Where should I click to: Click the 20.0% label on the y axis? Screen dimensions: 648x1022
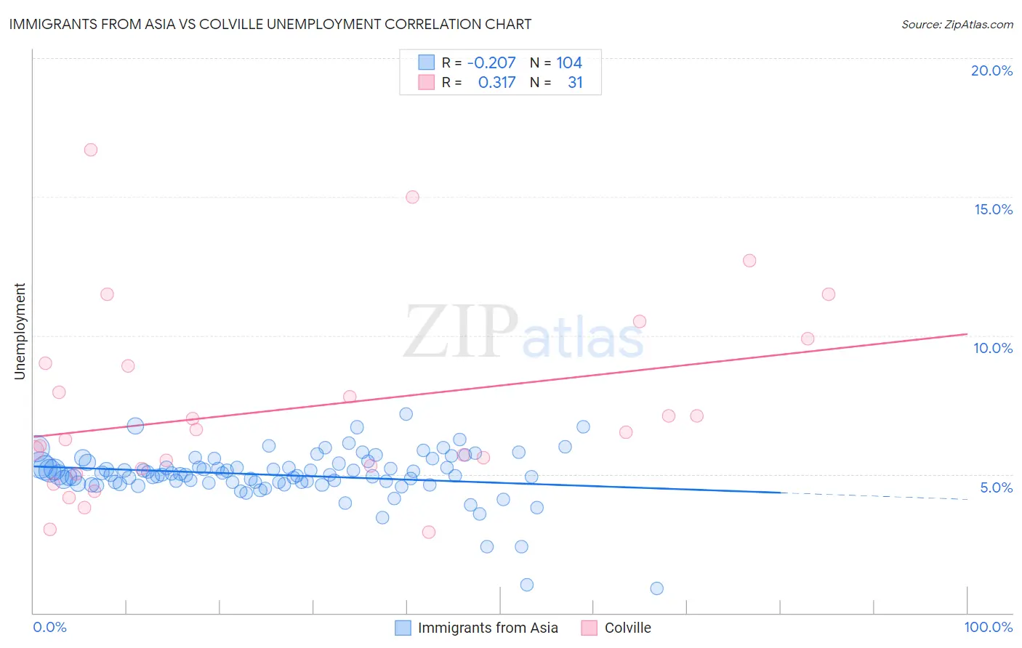[991, 70]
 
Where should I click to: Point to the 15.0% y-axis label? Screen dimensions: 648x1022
[993, 209]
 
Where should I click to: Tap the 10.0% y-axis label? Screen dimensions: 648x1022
[993, 348]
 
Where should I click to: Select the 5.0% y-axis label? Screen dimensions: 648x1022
[996, 487]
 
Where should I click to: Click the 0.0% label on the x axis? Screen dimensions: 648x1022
[49, 627]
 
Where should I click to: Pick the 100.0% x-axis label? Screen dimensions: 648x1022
[988, 627]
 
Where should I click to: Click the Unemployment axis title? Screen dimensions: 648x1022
[20, 331]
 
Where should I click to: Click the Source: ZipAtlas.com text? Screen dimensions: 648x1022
[957, 24]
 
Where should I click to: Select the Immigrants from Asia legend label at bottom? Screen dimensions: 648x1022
[488, 628]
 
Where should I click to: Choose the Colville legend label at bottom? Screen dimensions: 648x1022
[627, 628]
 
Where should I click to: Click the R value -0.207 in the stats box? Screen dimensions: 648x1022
[491, 63]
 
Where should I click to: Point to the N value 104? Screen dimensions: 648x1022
[569, 63]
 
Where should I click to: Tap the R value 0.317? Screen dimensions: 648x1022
[496, 83]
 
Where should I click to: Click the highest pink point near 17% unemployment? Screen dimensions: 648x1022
[91, 150]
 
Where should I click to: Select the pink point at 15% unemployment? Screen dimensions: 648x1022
[412, 197]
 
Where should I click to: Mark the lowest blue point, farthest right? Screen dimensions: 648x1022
[656, 588]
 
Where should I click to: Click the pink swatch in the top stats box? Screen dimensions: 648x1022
[426, 83]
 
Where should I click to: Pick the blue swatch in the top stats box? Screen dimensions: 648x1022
[426, 62]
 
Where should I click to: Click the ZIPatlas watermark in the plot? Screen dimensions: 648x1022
[523, 333]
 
